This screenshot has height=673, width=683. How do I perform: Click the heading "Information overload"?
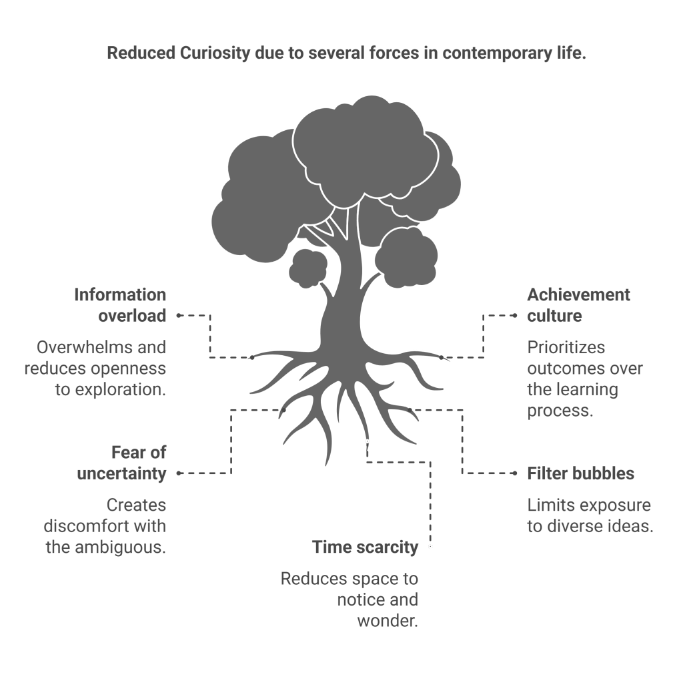pyautogui.click(x=120, y=305)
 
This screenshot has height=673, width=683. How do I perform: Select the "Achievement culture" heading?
pyautogui.click(x=578, y=305)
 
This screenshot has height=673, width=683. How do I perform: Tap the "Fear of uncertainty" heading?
pyautogui.click(x=121, y=463)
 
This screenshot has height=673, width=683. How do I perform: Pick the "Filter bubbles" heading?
pyautogui.click(x=580, y=474)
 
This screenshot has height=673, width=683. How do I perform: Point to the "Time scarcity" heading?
pyautogui.click(x=366, y=547)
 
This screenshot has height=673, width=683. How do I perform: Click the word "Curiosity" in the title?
pyautogui.click(x=215, y=54)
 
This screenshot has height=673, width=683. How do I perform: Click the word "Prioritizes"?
pyautogui.click(x=566, y=348)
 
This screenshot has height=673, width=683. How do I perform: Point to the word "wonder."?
pyautogui.click(x=388, y=621)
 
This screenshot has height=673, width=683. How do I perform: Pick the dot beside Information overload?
pyautogui.click(x=178, y=315)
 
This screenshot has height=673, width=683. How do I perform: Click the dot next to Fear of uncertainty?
pyautogui.click(x=178, y=474)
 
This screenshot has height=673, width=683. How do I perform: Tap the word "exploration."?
pyautogui.click(x=110, y=390)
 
